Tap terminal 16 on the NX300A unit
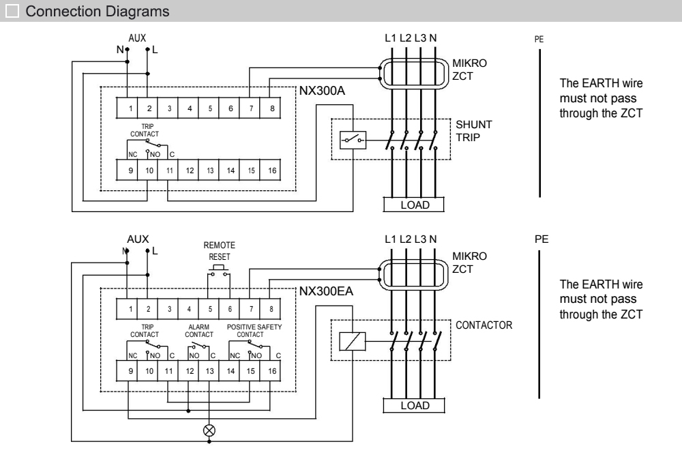pyautogui.click(x=272, y=170)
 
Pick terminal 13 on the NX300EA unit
pyautogui.click(x=210, y=372)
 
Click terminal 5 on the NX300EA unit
pyautogui.click(x=210, y=310)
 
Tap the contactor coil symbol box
pyautogui.click(x=352, y=341)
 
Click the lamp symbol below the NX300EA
pyautogui.click(x=209, y=430)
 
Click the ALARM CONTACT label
pyautogui.click(x=199, y=331)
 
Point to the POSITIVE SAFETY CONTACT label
pyautogui.click(x=254, y=331)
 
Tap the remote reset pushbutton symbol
pyautogui.click(x=219, y=271)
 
